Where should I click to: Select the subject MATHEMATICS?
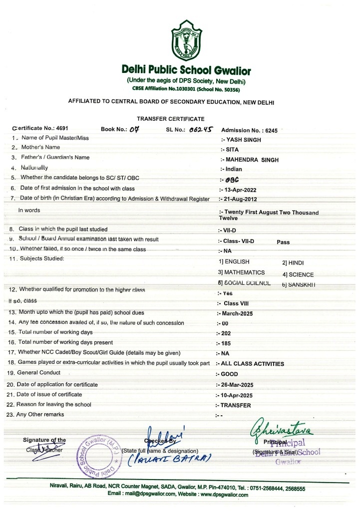pos(241,272)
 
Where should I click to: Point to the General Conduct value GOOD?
pos(229,374)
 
